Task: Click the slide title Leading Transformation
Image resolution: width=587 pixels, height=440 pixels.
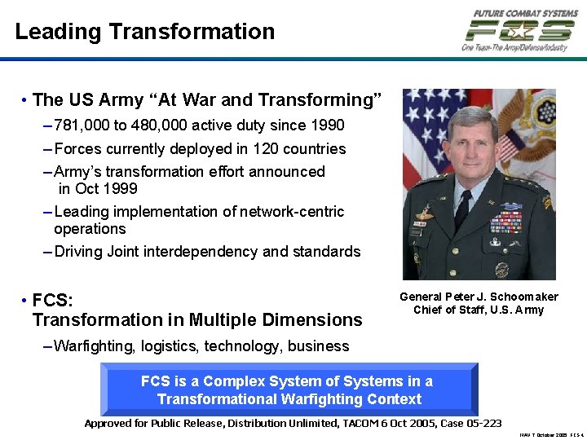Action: [x=145, y=32]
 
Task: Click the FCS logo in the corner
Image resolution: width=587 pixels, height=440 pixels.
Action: [x=519, y=31]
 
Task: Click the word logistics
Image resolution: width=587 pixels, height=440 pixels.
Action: [x=170, y=346]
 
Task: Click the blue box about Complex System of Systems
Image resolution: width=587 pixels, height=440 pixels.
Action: [x=288, y=390]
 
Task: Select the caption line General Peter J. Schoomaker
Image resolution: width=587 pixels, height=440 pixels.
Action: [x=479, y=297]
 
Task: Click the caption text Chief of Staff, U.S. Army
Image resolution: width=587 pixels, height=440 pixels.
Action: [x=479, y=310]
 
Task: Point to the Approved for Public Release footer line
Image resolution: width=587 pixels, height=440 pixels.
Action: [x=293, y=423]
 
